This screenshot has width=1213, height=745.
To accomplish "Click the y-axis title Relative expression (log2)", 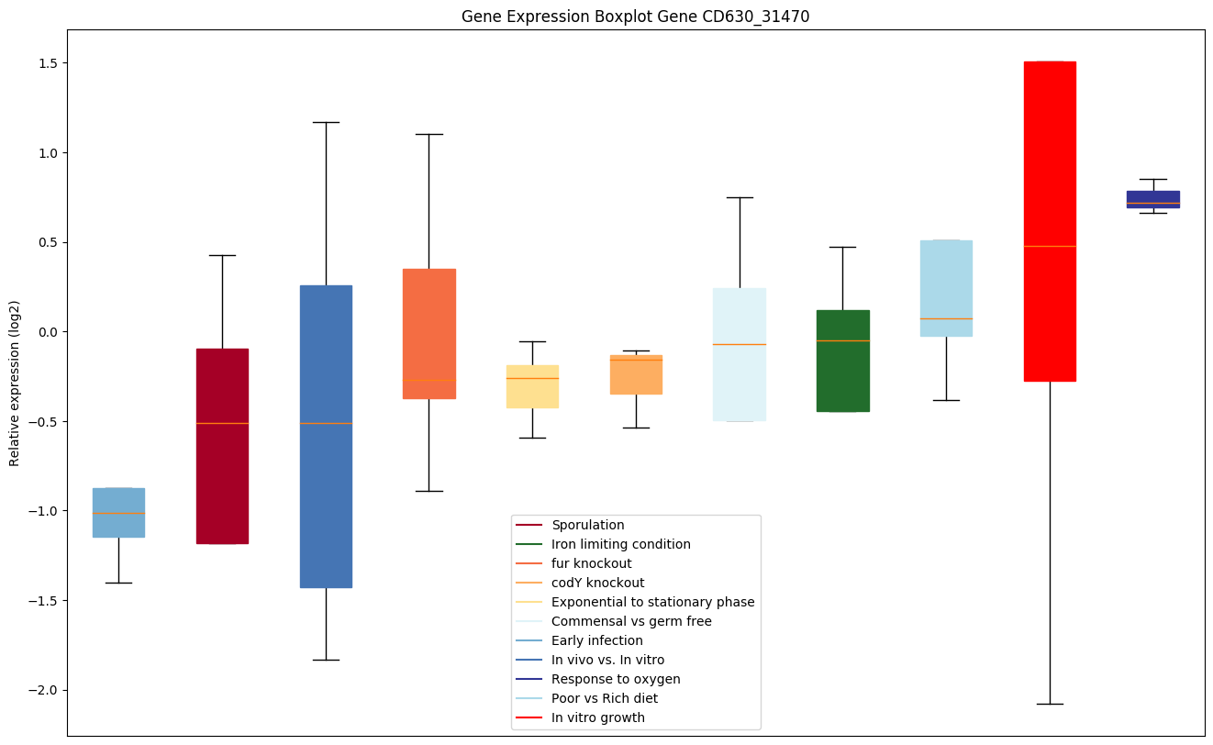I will click(x=15, y=383).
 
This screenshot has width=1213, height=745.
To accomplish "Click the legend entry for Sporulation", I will click(x=587, y=526).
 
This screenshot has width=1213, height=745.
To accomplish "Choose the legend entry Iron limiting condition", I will click(x=620, y=545).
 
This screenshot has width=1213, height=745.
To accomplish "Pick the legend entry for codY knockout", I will click(x=597, y=584).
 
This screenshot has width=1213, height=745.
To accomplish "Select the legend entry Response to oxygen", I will click(x=615, y=680).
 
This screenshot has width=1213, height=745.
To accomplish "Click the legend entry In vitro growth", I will click(x=597, y=718).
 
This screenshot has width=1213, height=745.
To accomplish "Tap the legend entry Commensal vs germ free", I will click(x=630, y=622).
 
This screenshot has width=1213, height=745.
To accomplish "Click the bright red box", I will click(x=1050, y=221).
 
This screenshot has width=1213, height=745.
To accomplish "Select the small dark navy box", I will click(x=1152, y=199).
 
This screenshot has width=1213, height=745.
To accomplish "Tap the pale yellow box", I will click(x=532, y=386).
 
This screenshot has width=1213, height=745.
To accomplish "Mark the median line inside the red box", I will click(x=1050, y=246).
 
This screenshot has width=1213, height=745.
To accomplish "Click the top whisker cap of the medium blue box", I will click(x=326, y=122).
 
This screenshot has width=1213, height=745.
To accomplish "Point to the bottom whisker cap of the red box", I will click(x=1050, y=704).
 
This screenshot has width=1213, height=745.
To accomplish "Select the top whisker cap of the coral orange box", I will click(x=428, y=134).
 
